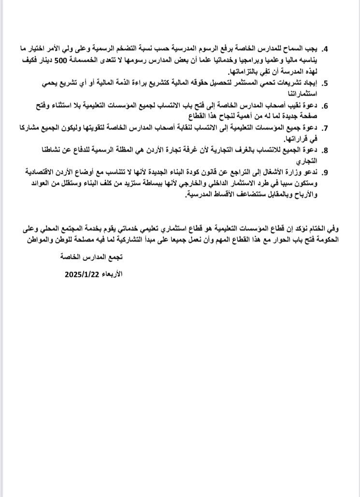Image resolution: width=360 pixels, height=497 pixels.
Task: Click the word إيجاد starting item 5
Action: click(309, 83)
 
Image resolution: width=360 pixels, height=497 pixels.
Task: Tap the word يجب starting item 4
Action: click(312, 49)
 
